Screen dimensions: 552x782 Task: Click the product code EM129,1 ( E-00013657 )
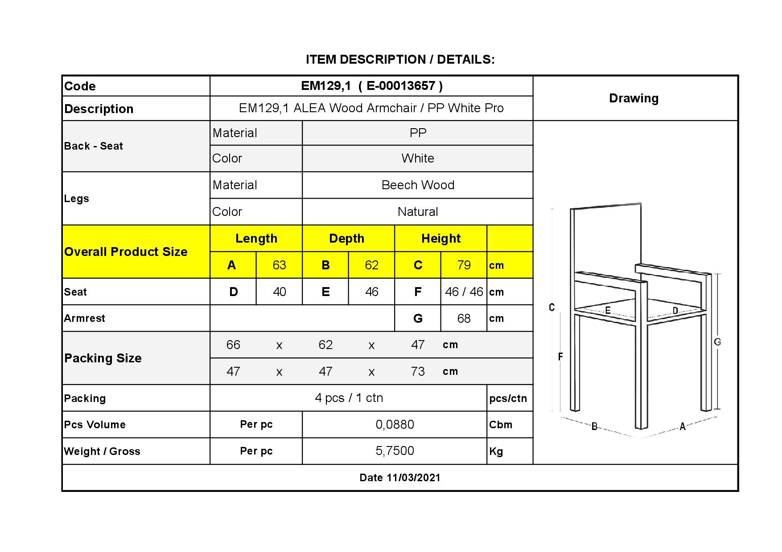[x=371, y=86]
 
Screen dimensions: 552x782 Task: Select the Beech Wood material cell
[x=418, y=185]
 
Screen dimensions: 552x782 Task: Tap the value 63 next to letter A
[x=279, y=265]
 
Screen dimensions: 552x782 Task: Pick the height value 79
[x=464, y=265]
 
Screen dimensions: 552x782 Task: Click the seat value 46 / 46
[x=464, y=292]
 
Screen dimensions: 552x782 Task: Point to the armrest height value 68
[x=464, y=318]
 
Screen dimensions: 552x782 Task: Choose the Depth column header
[x=347, y=239]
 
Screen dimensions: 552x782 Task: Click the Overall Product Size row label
[x=126, y=252]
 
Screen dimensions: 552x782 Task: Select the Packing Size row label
[x=103, y=358]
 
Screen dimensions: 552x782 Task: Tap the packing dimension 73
[x=418, y=371]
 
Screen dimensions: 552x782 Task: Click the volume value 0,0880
[x=395, y=425]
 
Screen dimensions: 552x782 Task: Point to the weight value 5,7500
[x=395, y=451]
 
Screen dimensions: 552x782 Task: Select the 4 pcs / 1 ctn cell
[x=349, y=398]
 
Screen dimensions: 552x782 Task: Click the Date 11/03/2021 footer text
[x=400, y=478]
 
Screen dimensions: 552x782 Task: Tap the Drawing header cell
[x=634, y=98]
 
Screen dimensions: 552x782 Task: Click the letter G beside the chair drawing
[x=717, y=342]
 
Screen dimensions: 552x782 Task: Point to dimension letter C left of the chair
[x=552, y=307]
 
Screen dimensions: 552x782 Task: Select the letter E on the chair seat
[x=608, y=310]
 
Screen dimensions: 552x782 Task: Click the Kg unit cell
[x=496, y=451]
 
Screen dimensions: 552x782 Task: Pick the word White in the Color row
[x=418, y=158]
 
